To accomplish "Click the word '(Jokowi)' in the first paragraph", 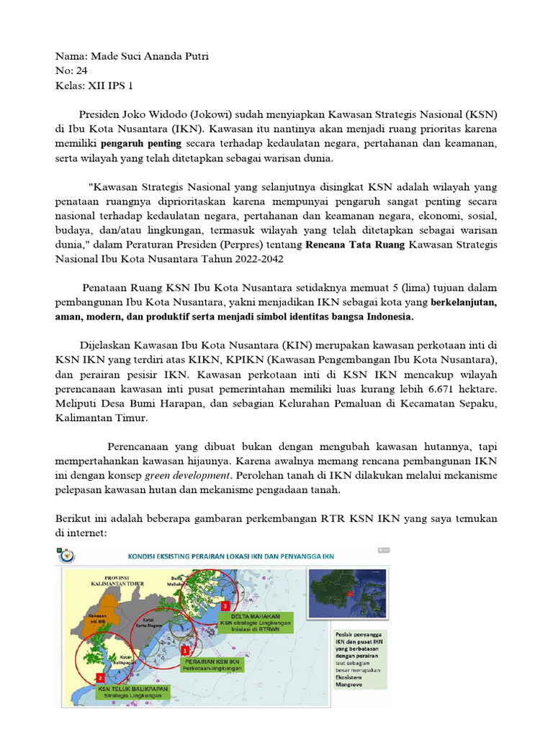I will [x=205, y=114].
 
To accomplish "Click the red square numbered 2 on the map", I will [x=100, y=677].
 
